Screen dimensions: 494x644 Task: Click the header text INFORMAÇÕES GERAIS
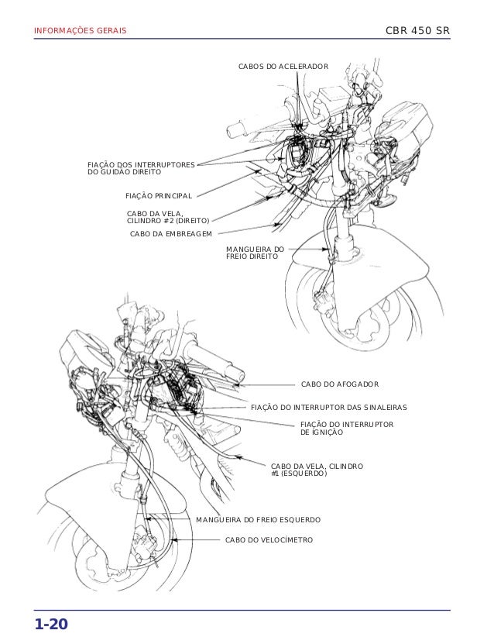pyautogui.click(x=80, y=30)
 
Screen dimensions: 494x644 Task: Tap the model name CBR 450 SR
pyautogui.click(x=417, y=30)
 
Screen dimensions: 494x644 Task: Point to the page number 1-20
pyautogui.click(x=51, y=625)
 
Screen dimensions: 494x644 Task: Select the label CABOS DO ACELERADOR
pyautogui.click(x=283, y=66)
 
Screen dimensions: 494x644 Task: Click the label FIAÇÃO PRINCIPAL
pyautogui.click(x=159, y=196)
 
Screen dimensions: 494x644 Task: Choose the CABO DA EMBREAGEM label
pyautogui.click(x=171, y=234)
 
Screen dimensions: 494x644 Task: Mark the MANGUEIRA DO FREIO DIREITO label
pyautogui.click(x=255, y=253)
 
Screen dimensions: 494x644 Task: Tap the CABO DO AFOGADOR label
pyautogui.click(x=340, y=384)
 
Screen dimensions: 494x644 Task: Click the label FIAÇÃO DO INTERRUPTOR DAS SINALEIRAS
pyautogui.click(x=328, y=408)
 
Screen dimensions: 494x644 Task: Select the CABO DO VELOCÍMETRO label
pyautogui.click(x=269, y=539)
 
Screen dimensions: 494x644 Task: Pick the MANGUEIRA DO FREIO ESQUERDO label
pyautogui.click(x=258, y=519)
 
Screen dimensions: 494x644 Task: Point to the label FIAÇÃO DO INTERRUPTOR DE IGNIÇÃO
pyautogui.click(x=347, y=428)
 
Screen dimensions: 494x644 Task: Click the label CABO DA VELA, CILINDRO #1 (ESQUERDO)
pyautogui.click(x=317, y=470)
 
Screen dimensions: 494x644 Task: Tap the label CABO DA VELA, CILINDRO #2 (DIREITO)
pyautogui.click(x=168, y=217)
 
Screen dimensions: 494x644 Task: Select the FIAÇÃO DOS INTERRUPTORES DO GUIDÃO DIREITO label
pyautogui.click(x=141, y=168)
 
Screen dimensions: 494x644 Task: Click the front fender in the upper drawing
pyautogui.click(x=361, y=263)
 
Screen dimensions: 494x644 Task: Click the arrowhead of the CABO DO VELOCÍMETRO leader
pyautogui.click(x=174, y=539)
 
